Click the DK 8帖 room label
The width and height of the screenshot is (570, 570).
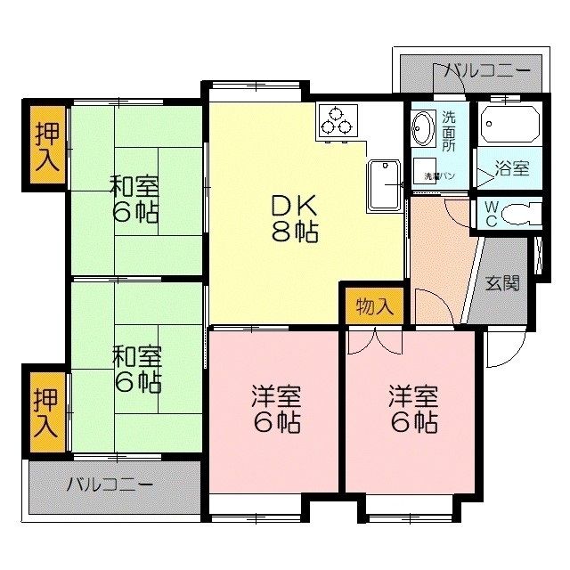click(x=294, y=219)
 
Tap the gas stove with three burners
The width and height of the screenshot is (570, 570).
click(x=338, y=121)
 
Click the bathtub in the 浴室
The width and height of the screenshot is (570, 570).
click(x=509, y=126)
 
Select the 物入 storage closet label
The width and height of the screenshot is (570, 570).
click(x=374, y=307)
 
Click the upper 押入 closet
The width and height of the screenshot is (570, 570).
click(x=48, y=146)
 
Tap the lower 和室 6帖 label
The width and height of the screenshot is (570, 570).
click(x=135, y=369)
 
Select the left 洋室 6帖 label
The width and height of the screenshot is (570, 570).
click(x=274, y=408)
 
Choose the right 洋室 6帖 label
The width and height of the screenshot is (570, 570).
click(x=412, y=408)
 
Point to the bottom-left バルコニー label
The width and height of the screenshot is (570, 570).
click(x=110, y=485)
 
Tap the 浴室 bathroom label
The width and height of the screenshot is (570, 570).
click(x=513, y=167)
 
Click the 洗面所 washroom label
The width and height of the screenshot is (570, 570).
click(x=450, y=130)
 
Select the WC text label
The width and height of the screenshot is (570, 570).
click(x=491, y=214)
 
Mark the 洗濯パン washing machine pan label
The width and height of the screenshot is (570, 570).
click(x=440, y=175)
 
